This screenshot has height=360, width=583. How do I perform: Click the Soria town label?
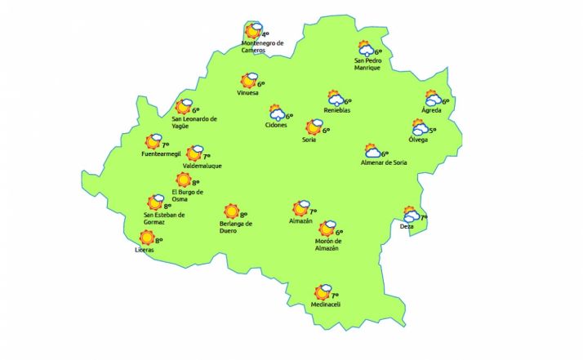[x=309, y=140]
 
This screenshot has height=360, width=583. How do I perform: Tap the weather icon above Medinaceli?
[x=323, y=292]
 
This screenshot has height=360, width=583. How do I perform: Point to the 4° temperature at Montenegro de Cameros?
[x=265, y=34]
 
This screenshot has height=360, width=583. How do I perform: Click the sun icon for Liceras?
[x=147, y=238]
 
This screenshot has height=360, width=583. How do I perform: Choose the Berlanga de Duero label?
[x=237, y=227]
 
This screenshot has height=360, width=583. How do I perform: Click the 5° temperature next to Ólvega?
[x=433, y=131]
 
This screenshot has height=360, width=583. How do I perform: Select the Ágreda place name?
[x=431, y=110]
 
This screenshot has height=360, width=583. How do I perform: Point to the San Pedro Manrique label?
[x=367, y=64]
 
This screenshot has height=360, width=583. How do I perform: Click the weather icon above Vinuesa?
[x=249, y=81]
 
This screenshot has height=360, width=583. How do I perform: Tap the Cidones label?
[x=277, y=125]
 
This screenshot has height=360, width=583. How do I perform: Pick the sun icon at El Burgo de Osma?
[x=184, y=180]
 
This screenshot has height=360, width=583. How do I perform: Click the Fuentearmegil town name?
[x=160, y=153]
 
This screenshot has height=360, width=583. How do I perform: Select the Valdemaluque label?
[x=202, y=166]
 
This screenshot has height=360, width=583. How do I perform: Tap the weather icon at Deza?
[x=411, y=215]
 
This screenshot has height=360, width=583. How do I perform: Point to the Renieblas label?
[x=337, y=110]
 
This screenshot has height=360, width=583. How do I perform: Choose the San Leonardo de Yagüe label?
[x=194, y=122]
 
